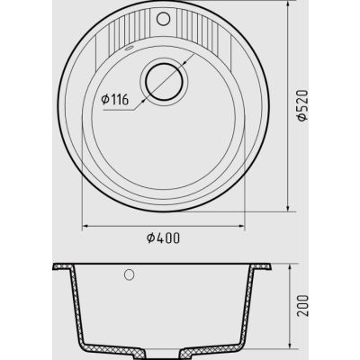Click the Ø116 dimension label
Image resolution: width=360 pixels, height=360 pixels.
(x=115, y=99)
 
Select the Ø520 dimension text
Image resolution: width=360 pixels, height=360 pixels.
(x=302, y=105)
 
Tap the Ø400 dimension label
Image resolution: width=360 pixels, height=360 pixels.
(x=164, y=238)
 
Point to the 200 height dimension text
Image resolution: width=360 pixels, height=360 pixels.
(x=303, y=306)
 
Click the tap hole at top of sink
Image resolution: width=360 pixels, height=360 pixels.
(x=163, y=18)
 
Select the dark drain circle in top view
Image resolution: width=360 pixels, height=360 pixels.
(x=164, y=82)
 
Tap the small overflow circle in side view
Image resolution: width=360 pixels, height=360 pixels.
(x=129, y=274)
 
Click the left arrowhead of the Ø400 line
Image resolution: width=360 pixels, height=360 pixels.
(x=85, y=226)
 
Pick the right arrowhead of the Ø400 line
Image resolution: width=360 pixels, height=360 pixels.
(x=241, y=226)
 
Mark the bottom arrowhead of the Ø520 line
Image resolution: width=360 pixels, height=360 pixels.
(x=288, y=208)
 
